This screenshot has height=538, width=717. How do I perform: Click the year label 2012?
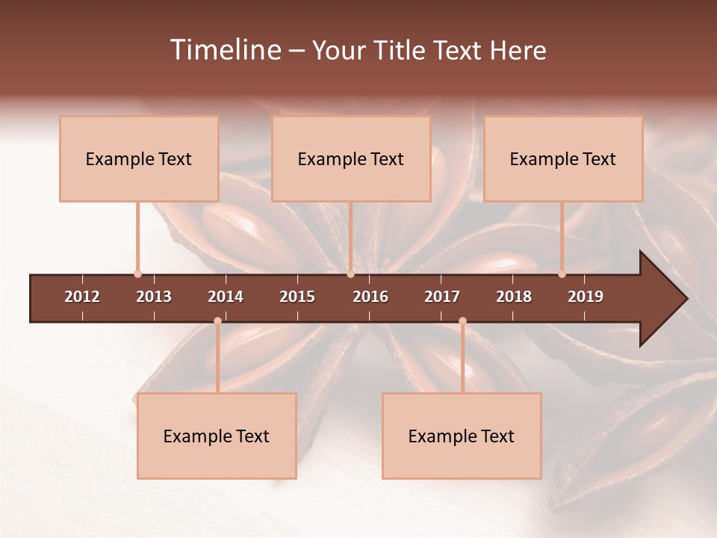(82, 297)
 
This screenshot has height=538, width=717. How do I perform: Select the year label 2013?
(154, 297)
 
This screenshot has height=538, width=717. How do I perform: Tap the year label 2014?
(226, 297)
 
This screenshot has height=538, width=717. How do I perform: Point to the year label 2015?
(297, 297)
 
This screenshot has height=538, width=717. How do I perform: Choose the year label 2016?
(370, 297)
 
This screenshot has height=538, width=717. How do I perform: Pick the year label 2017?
(442, 297)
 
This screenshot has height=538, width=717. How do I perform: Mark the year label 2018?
(514, 297)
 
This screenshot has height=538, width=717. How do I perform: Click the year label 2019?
(586, 297)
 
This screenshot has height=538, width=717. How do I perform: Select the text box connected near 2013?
(139, 158)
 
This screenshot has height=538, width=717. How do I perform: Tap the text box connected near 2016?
(351, 158)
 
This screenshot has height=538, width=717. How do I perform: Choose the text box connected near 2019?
(563, 158)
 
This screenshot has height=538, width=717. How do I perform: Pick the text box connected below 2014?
(217, 436)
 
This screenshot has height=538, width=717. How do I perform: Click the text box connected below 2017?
(462, 436)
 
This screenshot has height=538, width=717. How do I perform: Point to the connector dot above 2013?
(137, 274)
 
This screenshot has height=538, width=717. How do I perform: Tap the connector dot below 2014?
(217, 321)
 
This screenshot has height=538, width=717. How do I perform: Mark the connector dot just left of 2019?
(562, 274)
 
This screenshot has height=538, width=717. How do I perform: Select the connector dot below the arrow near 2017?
(462, 321)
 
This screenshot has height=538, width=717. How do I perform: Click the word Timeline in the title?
(224, 50)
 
